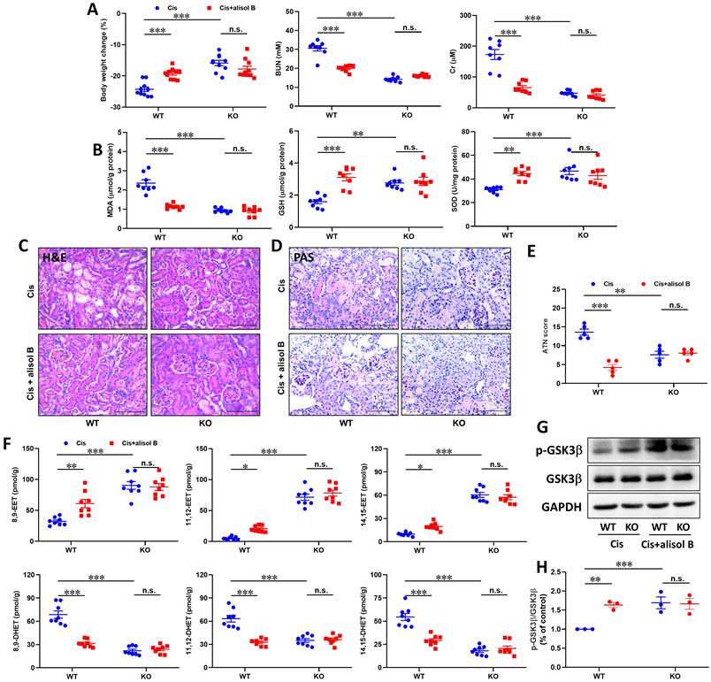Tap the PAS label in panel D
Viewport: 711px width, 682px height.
(307, 257)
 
